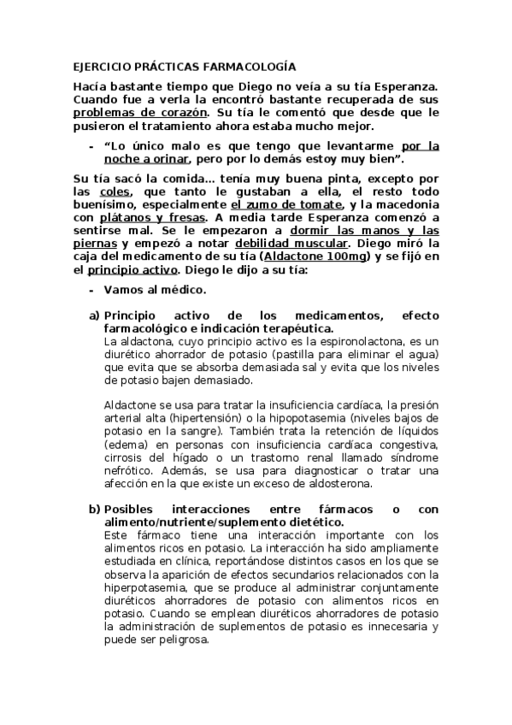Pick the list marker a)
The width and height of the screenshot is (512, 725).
pyautogui.click(x=95, y=315)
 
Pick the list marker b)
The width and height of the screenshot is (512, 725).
pyautogui.click(x=95, y=510)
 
